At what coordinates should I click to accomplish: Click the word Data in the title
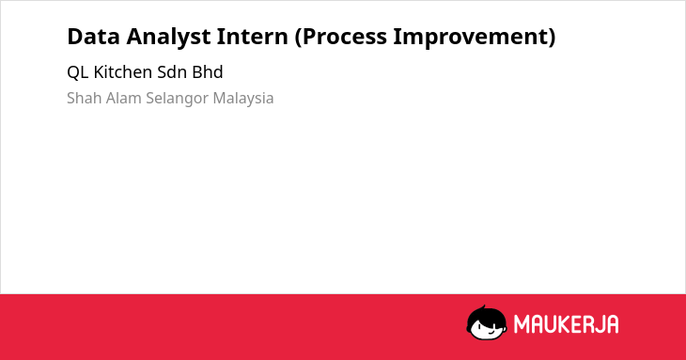pos(93,37)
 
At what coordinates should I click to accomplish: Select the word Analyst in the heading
pos(168,38)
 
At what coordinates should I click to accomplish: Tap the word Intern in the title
pos(252,37)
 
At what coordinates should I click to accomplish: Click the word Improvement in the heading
pos(470,38)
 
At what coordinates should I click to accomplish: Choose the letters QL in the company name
pos(78,72)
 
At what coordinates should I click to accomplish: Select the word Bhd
pos(208,72)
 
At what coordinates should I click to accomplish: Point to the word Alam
pos(124,98)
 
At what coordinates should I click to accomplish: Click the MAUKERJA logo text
pos(566,324)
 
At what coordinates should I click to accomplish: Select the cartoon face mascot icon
pos(487,323)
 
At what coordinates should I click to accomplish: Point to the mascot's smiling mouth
pos(490,333)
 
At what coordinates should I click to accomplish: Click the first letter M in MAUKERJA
pos(522,324)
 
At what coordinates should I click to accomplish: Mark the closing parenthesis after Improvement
pos(552,38)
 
